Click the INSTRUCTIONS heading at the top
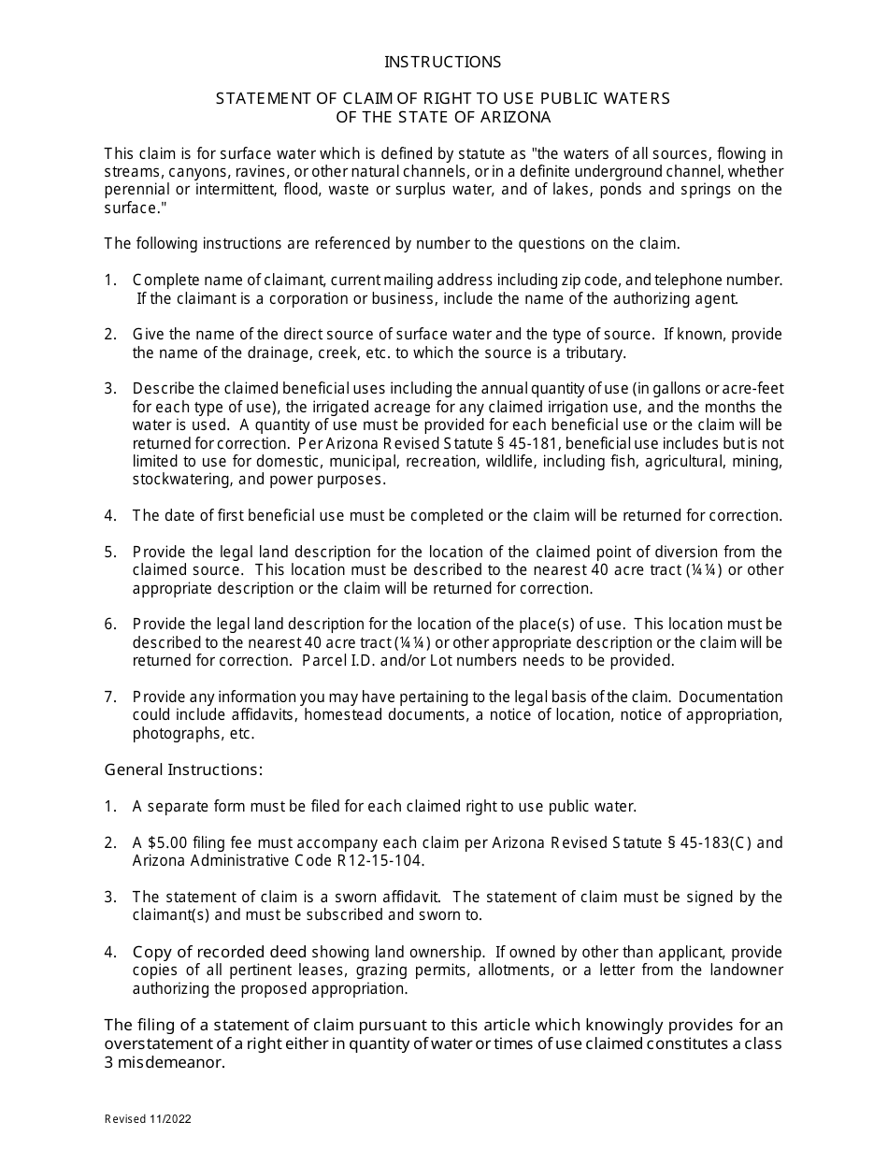[443, 62]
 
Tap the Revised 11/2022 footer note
[149, 1118]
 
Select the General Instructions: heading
[183, 769]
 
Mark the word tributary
[592, 352]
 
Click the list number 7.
[110, 697]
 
